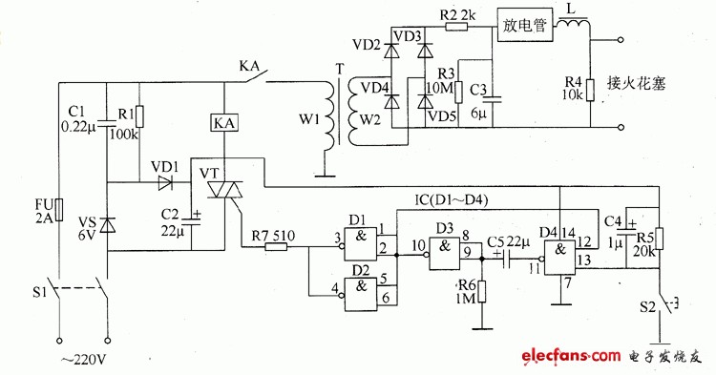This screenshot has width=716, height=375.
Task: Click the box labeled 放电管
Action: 525,25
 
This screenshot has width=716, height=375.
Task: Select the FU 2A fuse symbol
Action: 59,209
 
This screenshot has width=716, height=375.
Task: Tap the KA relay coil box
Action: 224,123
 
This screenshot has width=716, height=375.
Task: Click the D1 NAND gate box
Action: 361,244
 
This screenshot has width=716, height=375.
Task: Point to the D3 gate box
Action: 445,254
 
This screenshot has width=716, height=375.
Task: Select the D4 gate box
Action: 559,258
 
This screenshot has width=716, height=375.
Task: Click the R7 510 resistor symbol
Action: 276,247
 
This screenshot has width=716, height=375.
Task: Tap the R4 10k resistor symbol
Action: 590,90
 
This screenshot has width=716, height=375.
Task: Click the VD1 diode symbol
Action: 166,183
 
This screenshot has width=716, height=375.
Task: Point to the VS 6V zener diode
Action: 107,225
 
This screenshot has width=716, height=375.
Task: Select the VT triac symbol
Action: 224,190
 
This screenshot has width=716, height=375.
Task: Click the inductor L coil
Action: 573,23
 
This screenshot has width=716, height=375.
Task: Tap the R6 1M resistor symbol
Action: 481,292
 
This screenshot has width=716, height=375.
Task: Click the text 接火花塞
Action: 636,83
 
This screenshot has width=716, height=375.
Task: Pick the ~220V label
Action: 84,361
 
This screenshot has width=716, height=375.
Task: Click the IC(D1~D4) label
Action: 452,200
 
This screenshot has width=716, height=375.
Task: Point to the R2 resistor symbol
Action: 456,27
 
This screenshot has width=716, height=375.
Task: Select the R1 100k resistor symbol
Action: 140,116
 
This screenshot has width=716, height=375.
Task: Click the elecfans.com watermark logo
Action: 572,355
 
